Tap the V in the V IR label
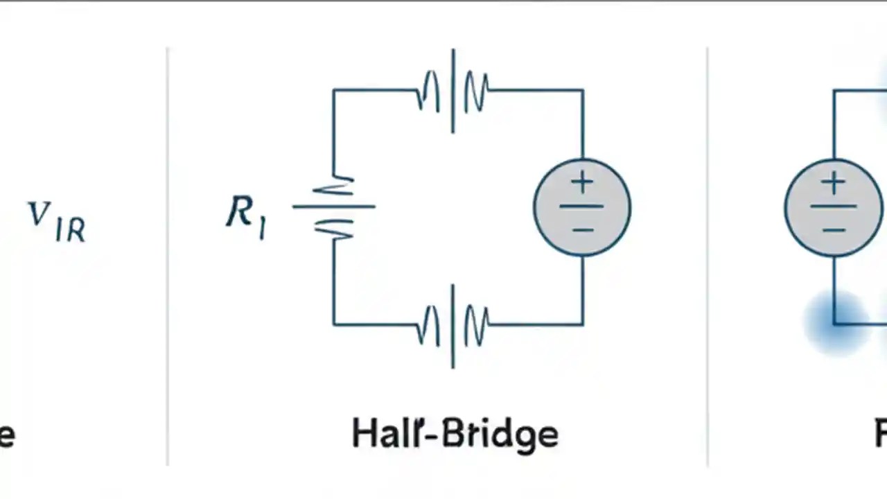click(39, 215)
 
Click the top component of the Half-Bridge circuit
click(453, 91)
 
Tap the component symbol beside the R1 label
click(334, 207)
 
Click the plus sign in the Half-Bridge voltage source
click(582, 184)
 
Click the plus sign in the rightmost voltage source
click(834, 184)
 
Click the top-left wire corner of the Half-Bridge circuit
click(333, 90)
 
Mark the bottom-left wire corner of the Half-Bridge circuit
click(333, 324)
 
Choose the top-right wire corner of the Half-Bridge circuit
click(582, 90)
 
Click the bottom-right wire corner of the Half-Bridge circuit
click(582, 324)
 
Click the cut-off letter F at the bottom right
click(880, 435)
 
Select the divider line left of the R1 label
click(168, 256)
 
